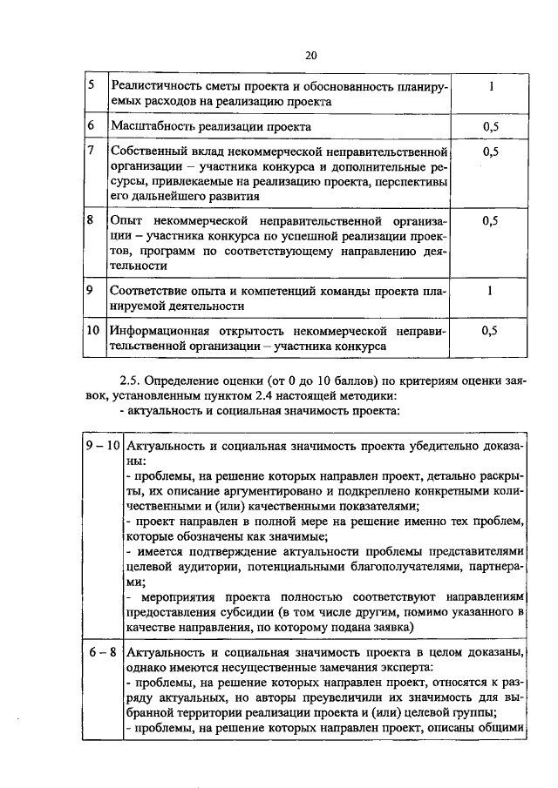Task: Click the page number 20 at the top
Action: click(x=310, y=55)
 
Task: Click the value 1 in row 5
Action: click(x=491, y=87)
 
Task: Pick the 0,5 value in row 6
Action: click(x=491, y=127)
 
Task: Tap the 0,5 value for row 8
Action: click(x=491, y=221)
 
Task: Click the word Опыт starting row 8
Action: click(x=127, y=221)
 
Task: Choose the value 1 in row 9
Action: click(x=491, y=291)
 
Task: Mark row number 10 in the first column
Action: click(x=94, y=331)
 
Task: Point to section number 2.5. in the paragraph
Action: click(x=129, y=381)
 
